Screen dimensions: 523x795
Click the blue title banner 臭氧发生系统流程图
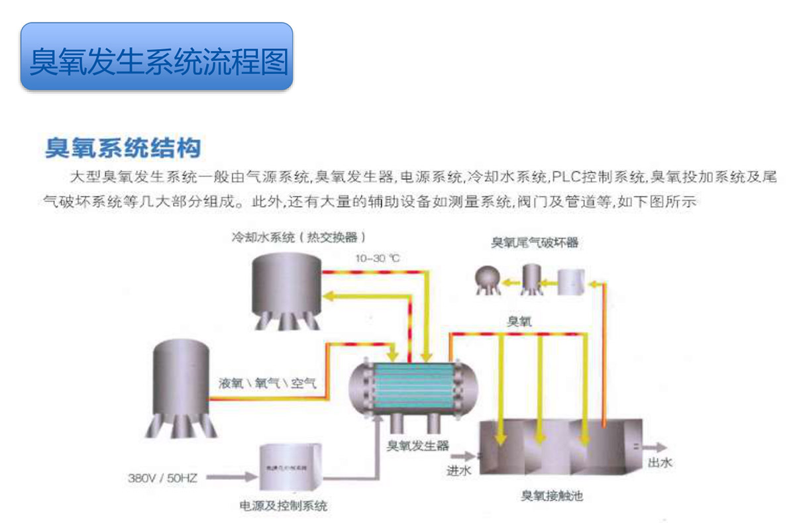[157, 58]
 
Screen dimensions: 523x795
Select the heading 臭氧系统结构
[123, 147]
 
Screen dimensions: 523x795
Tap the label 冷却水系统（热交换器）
[298, 236]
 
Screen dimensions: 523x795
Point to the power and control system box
[290, 469]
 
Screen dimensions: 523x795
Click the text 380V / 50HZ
[164, 477]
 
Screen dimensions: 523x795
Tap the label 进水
[458, 471]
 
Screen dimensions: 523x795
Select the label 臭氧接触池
[552, 495]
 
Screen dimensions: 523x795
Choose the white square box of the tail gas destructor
[571, 281]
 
